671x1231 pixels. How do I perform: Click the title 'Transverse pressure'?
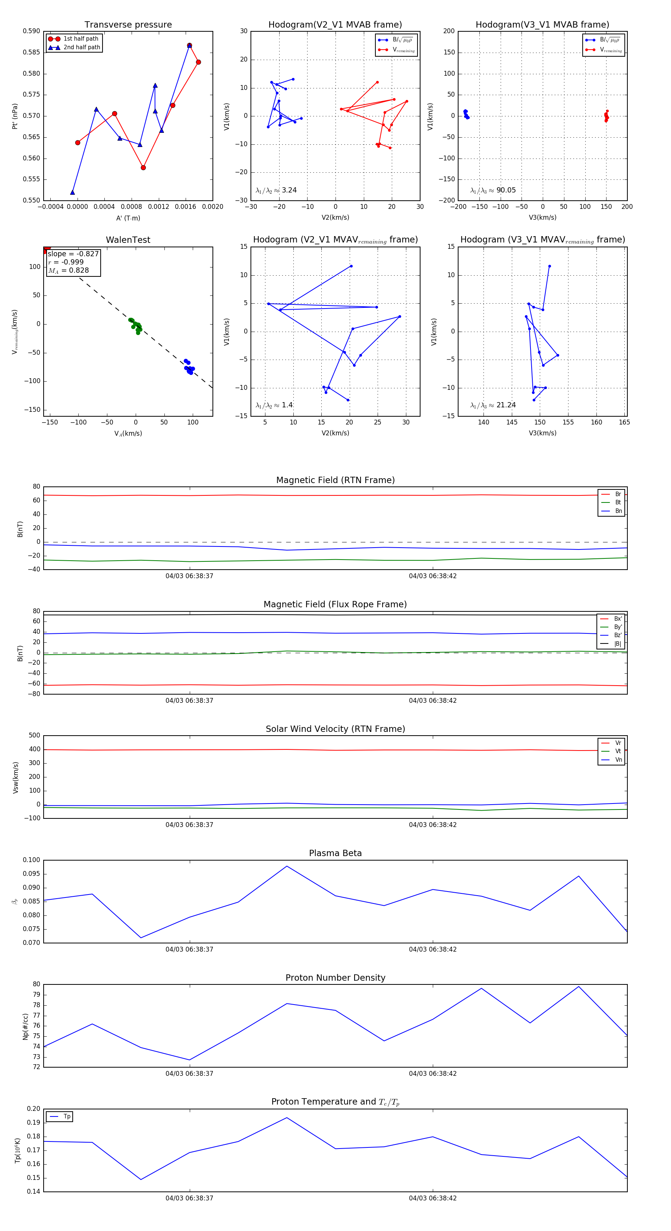pyautogui.click(x=128, y=25)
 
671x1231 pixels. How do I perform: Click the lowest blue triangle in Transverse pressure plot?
pyautogui.click(x=73, y=192)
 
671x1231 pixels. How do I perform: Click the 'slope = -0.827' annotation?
pyautogui.click(x=73, y=254)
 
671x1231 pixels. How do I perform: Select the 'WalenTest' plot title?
pyautogui.click(x=128, y=240)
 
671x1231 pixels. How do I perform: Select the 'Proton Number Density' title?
pyautogui.click(x=335, y=978)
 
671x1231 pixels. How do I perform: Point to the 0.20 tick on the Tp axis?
pyautogui.click(x=34, y=1109)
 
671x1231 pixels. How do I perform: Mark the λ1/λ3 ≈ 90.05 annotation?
pyautogui.click(x=493, y=190)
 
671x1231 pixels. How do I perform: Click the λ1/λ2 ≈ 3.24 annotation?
pyautogui.click(x=276, y=190)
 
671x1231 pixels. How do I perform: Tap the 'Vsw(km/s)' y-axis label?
pyautogui.click(x=16, y=777)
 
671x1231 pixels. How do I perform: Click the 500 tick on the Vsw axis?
pyautogui.click(x=34, y=736)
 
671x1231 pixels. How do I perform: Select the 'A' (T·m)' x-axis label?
pyautogui.click(x=128, y=218)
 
